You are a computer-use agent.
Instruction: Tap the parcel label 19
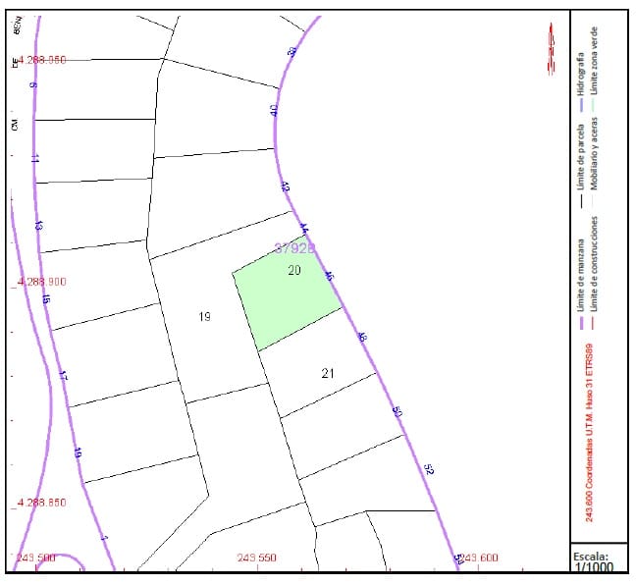(x=204, y=316)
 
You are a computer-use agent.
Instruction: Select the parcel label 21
(x=328, y=372)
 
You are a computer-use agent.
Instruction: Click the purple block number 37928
(x=294, y=248)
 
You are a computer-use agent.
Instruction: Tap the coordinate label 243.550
(x=257, y=558)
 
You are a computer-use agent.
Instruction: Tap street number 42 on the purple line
(x=286, y=186)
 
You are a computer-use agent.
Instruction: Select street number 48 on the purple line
(x=363, y=338)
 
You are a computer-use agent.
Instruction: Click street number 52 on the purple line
(x=428, y=468)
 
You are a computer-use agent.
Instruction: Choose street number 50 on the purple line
(x=397, y=412)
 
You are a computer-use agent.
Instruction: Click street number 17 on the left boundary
(x=63, y=375)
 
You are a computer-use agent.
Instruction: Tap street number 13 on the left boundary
(x=38, y=226)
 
